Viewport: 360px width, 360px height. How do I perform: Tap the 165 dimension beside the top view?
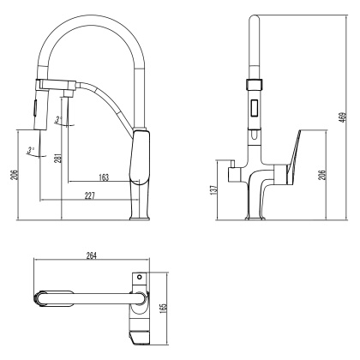click(x=165, y=304)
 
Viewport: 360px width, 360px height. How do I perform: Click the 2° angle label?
click(x=58, y=119)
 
